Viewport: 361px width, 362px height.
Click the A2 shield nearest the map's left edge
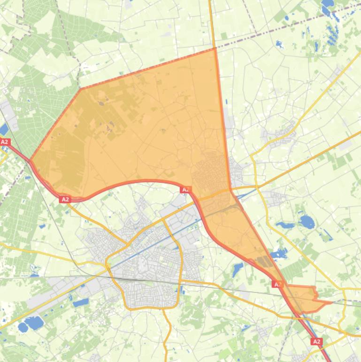(x=5, y=142)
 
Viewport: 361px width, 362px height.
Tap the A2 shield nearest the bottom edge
(x=317, y=342)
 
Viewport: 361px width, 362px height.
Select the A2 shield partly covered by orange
(x=277, y=284)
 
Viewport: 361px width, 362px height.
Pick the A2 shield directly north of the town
(x=185, y=189)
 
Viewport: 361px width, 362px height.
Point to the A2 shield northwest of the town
(x=65, y=199)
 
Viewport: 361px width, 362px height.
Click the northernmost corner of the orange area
(x=215, y=48)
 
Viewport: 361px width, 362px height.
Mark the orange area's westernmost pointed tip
(x=30, y=160)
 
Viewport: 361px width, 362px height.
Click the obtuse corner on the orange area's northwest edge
(x=80, y=88)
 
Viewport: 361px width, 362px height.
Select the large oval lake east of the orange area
(x=307, y=221)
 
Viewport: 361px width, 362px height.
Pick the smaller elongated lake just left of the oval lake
(x=285, y=225)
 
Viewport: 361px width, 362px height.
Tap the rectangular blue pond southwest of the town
(x=81, y=302)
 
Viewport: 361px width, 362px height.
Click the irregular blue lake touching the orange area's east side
(x=279, y=254)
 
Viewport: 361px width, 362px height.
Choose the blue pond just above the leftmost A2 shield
(x=4, y=129)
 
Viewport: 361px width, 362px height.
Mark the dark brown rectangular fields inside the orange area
(x=265, y=261)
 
